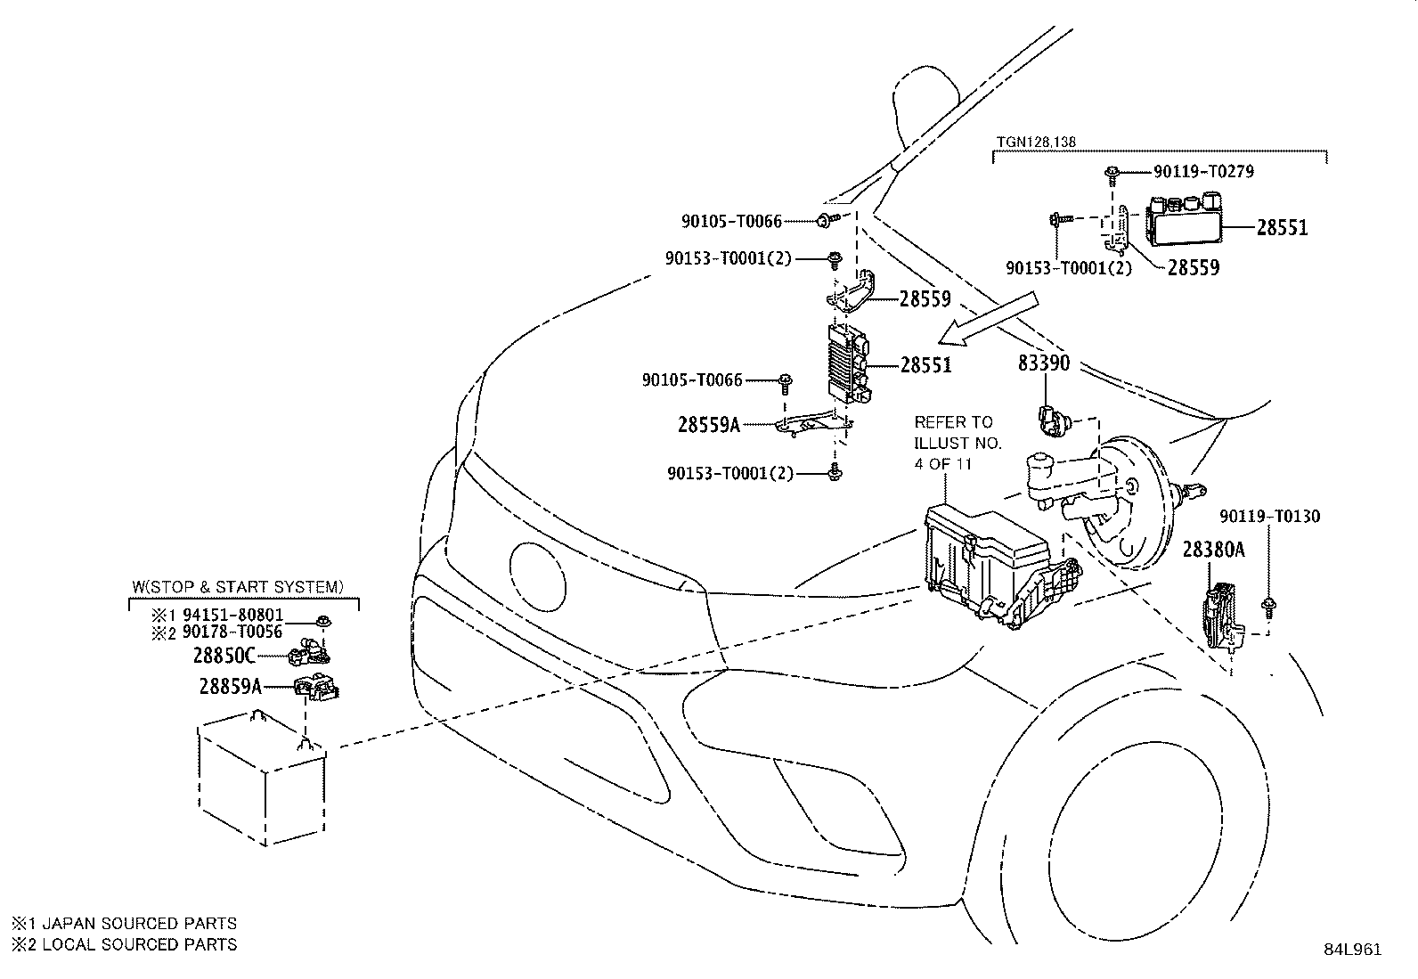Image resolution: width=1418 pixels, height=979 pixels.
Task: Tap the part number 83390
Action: tap(1044, 363)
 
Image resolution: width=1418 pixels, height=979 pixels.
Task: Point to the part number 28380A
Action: tap(1213, 550)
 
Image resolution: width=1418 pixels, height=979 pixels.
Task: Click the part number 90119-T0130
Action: tap(1269, 516)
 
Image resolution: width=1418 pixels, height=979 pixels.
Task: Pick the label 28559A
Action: tap(709, 425)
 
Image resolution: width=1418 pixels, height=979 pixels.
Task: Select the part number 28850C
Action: tap(224, 657)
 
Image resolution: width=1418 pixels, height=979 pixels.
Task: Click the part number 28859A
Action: tap(231, 686)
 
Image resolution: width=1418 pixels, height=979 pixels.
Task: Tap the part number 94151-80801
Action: tap(233, 615)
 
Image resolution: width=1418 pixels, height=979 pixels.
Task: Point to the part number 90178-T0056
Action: tap(232, 632)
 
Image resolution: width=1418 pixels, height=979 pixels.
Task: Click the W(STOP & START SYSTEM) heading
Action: tap(237, 587)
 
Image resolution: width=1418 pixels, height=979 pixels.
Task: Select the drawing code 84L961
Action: tap(1351, 950)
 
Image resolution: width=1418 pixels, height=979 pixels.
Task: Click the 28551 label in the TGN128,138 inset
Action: tap(1282, 227)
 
